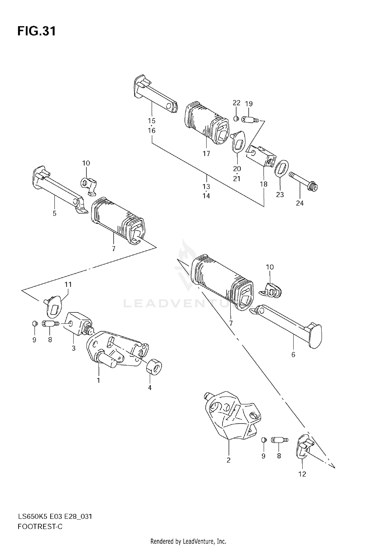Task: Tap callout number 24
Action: point(300,203)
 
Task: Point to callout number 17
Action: point(206,153)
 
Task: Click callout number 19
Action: point(249,104)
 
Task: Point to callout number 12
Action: point(302,474)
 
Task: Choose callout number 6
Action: point(293,355)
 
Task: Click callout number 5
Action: point(55,213)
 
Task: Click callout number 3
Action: point(74,348)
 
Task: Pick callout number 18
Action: point(263,184)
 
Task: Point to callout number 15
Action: point(152,121)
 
